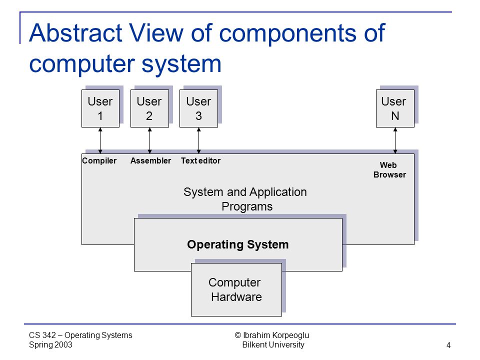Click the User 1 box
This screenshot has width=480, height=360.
100,108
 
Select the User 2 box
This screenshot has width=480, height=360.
149,108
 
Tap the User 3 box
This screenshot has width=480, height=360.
198,108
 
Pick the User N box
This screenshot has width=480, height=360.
395,108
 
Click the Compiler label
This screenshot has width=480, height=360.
99,160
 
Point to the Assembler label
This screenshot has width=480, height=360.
150,160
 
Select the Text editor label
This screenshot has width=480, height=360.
201,160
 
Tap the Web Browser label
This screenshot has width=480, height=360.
389,170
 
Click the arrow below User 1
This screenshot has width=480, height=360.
100,140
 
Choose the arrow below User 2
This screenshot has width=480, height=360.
149,140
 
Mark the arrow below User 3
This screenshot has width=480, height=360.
198,140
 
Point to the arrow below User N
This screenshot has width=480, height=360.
395,140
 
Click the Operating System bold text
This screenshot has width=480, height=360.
238,244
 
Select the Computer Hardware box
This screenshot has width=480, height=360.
236,289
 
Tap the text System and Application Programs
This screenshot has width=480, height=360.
245,199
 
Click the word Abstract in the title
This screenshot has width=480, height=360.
76,33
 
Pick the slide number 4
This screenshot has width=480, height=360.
448,345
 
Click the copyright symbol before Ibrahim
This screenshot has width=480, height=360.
238,335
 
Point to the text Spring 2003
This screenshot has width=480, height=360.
51,344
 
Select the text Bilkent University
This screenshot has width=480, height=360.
273,344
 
